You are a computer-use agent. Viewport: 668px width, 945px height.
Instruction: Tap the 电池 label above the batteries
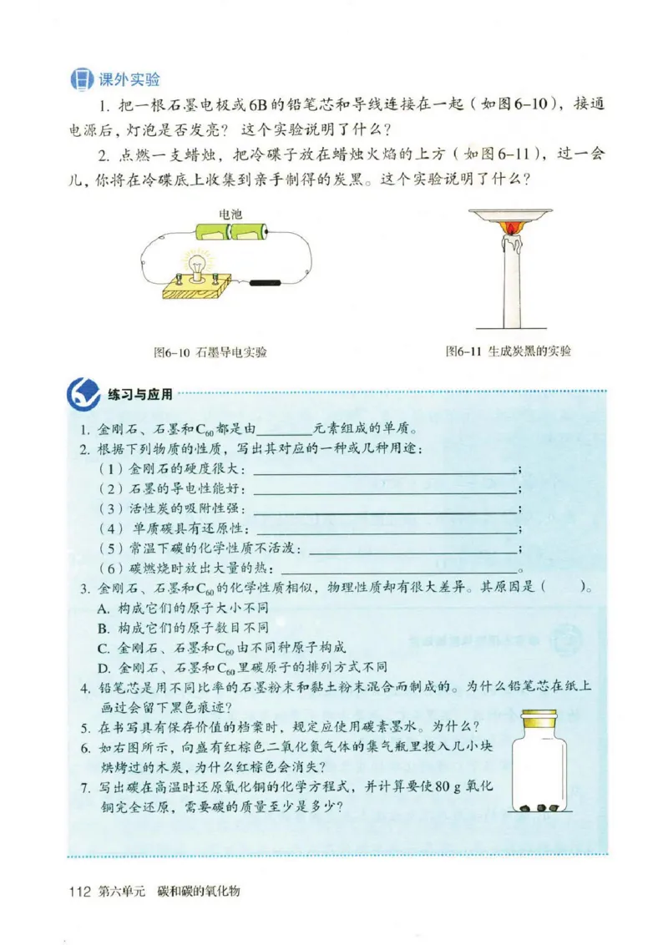pyautogui.click(x=230, y=215)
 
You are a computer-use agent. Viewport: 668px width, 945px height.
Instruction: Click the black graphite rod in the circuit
pyautogui.click(x=264, y=283)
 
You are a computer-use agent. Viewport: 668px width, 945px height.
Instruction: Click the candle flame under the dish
pyautogui.click(x=509, y=226)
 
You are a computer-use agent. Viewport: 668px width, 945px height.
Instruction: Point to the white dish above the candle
pyautogui.click(x=509, y=214)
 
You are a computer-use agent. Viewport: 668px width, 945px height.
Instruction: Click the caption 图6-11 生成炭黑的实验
pyautogui.click(x=509, y=351)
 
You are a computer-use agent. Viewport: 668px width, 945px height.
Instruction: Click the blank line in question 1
pyautogui.click(x=284, y=432)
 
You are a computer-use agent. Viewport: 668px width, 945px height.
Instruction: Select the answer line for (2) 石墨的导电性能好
pyautogui.click(x=384, y=489)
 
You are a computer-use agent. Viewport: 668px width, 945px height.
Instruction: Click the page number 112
pyautogui.click(x=80, y=892)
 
